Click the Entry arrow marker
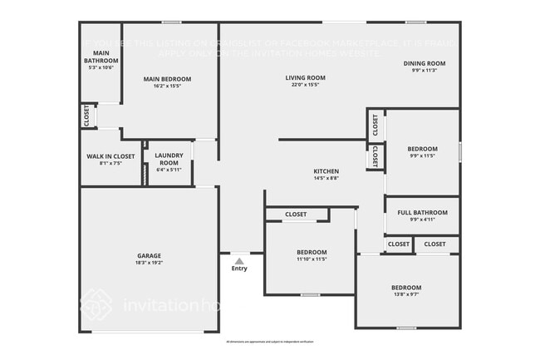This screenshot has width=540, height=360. tap(239, 260)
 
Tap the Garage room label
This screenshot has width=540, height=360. tap(150, 255)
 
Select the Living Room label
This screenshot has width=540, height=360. tap(305, 78)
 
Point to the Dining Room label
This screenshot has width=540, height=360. tap(425, 63)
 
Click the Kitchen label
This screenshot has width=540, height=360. tap(325, 170)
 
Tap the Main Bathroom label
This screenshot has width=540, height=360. tap(100, 57)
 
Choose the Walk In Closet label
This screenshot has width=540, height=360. tap(110, 156)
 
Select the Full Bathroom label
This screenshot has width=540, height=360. tap(423, 213)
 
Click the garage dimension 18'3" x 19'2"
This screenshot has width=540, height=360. tap(150, 263)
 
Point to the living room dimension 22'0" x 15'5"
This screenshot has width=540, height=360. tap(305, 85)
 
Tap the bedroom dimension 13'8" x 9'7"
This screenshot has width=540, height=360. tap(406, 295)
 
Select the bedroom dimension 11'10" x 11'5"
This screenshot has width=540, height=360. tap(312, 259)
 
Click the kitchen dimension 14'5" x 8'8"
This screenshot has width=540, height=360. tap(325, 178)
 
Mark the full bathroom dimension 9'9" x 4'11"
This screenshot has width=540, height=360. tap(423, 220)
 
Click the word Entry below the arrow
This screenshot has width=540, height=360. tap(239, 269)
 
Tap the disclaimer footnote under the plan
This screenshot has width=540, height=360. tap(270, 342)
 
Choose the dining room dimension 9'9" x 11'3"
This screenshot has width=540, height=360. tap(425, 71)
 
